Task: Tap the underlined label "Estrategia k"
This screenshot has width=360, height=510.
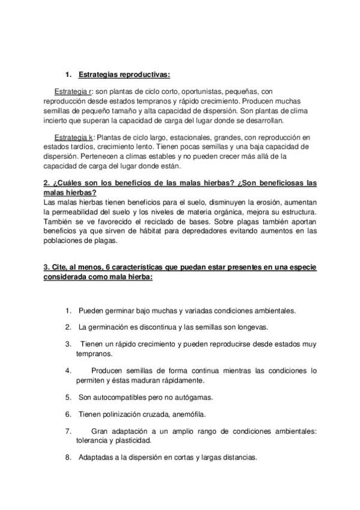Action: (71, 137)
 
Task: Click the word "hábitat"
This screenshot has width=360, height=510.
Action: (154, 232)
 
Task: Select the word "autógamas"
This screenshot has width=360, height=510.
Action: (197, 398)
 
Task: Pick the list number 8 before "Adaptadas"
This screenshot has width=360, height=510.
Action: (69, 457)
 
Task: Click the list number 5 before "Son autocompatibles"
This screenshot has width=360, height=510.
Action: (69, 398)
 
